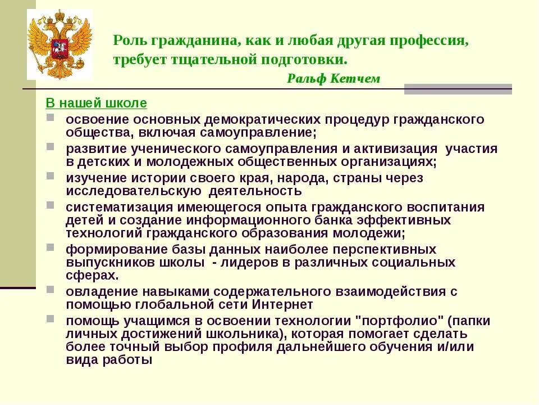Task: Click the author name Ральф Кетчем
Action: pyautogui.click(x=333, y=79)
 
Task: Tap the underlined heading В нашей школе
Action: pyautogui.click(x=96, y=103)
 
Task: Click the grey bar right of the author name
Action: pyautogui.click(x=458, y=89)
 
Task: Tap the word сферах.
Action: pyautogui.click(x=92, y=276)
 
